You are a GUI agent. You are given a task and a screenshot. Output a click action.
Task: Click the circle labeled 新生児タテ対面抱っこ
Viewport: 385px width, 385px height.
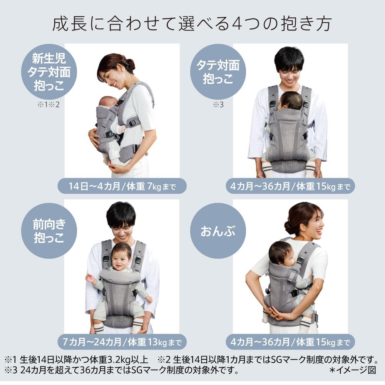pyautogui.click(x=49, y=72)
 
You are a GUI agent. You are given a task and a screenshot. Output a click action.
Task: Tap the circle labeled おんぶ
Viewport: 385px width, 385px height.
pyautogui.click(x=218, y=231)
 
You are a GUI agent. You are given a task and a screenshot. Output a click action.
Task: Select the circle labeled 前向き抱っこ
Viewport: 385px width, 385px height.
pyautogui.click(x=49, y=231)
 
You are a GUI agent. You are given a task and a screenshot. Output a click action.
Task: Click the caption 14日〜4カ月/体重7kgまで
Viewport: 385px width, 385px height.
pyautogui.click(x=122, y=186)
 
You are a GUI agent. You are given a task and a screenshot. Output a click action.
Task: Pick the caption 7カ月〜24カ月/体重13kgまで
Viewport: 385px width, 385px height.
pyautogui.click(x=122, y=342)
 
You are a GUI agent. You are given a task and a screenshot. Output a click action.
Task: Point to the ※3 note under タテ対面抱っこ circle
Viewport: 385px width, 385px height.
pyautogui.click(x=218, y=105)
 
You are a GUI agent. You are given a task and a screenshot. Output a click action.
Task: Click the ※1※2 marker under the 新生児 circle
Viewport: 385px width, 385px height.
pyautogui.click(x=49, y=105)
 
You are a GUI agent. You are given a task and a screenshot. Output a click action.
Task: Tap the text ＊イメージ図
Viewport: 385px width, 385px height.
pyautogui.click(x=353, y=370)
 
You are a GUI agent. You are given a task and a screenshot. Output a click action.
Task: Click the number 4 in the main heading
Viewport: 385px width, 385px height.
pyautogui.click(x=237, y=24)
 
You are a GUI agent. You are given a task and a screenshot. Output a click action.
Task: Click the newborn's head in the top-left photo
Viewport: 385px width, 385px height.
pyautogui.click(x=107, y=102)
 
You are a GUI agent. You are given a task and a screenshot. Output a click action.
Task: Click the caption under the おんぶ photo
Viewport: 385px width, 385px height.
pyautogui.click(x=290, y=342)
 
